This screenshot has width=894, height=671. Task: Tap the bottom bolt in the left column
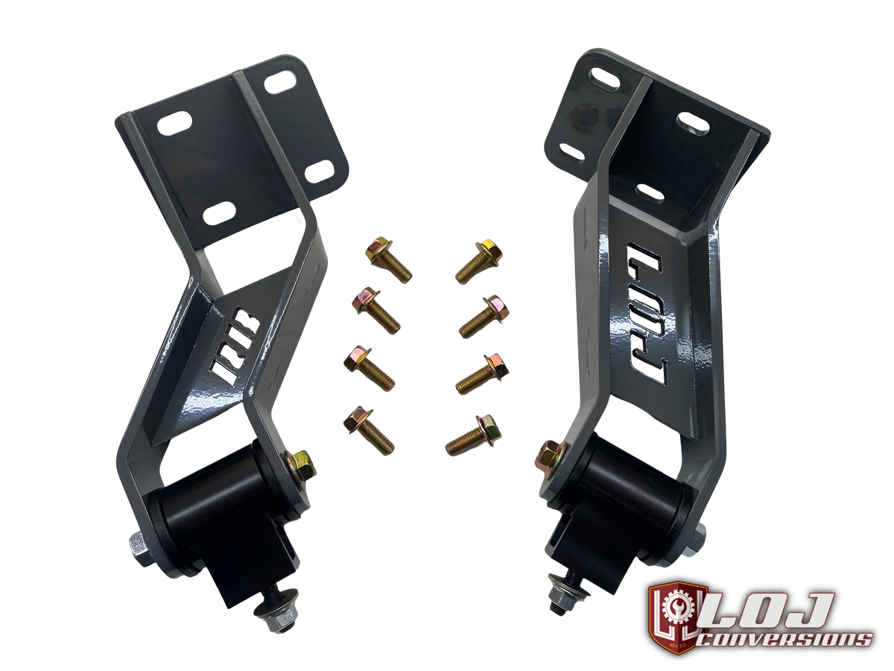coord(368,430)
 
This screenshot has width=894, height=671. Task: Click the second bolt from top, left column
coord(376,309)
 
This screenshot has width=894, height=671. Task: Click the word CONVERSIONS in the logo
coord(787,639)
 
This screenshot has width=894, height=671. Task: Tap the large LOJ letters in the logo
coord(767,610)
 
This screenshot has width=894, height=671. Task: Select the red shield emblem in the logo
coord(675,617)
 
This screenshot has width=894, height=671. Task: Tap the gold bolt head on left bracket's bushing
coord(302,464)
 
